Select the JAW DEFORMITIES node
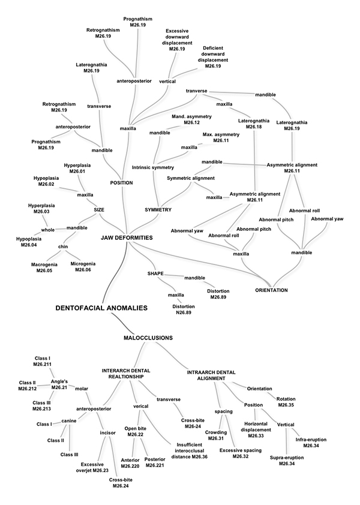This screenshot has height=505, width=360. coord(127,238)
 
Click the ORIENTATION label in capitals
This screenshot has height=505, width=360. coord(271,290)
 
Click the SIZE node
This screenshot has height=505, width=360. coord(99,209)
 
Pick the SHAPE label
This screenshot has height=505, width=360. coord(155,273)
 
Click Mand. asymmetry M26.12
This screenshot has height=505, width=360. coord(184,119)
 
